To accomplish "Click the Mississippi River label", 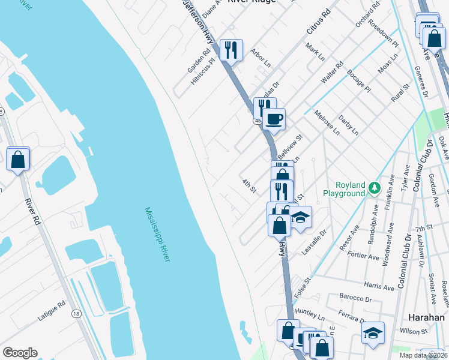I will [157, 234].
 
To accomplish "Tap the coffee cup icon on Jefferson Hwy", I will [274, 118].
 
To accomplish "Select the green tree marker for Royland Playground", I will [375, 188].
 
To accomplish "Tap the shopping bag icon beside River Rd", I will [18, 160].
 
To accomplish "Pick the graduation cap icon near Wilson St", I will [373, 332].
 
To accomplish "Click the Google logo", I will [20, 353].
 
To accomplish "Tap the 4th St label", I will [249, 186].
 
